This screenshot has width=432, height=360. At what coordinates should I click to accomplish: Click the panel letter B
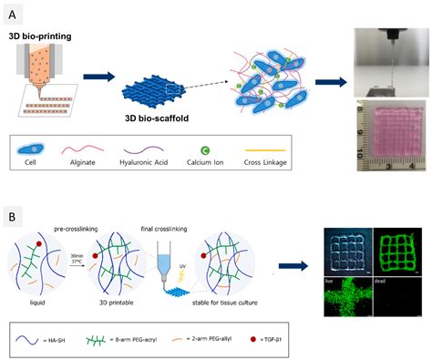(x=13, y=192)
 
